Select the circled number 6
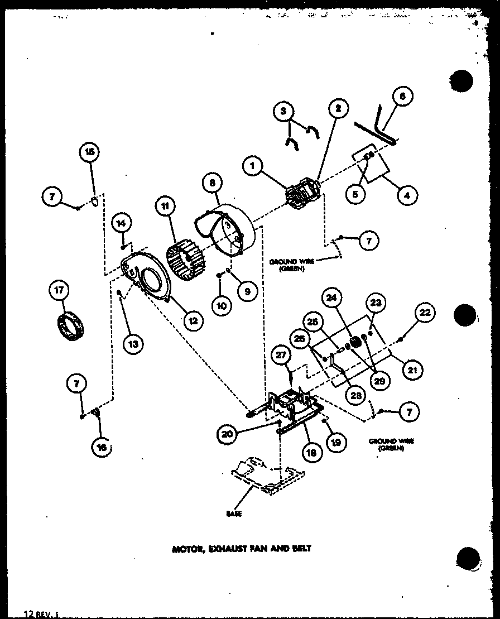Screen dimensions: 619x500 tap(402, 96)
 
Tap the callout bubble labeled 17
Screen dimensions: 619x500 tap(59, 290)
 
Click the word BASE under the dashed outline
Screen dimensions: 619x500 tap(234, 514)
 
